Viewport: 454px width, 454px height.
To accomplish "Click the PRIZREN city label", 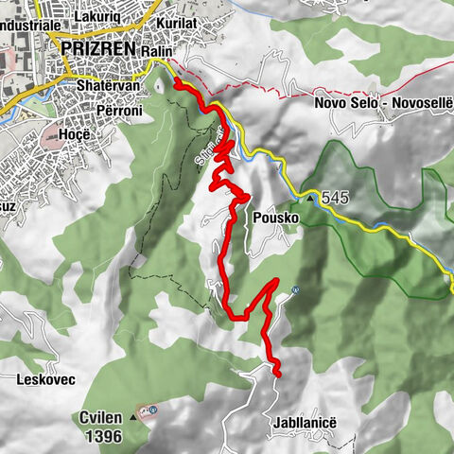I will (x=98, y=46).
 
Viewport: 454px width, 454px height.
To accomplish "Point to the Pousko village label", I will (x=276, y=217).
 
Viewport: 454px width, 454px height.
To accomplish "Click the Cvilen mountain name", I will (x=99, y=416).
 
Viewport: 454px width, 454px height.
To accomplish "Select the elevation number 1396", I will (x=102, y=436).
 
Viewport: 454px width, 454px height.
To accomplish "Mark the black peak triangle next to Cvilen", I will (x=131, y=417).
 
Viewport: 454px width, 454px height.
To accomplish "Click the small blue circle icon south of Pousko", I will (x=297, y=289).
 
